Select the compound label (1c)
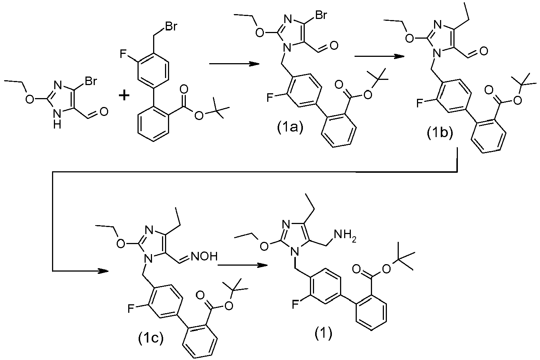point(151,338)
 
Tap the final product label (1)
point(323,333)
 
